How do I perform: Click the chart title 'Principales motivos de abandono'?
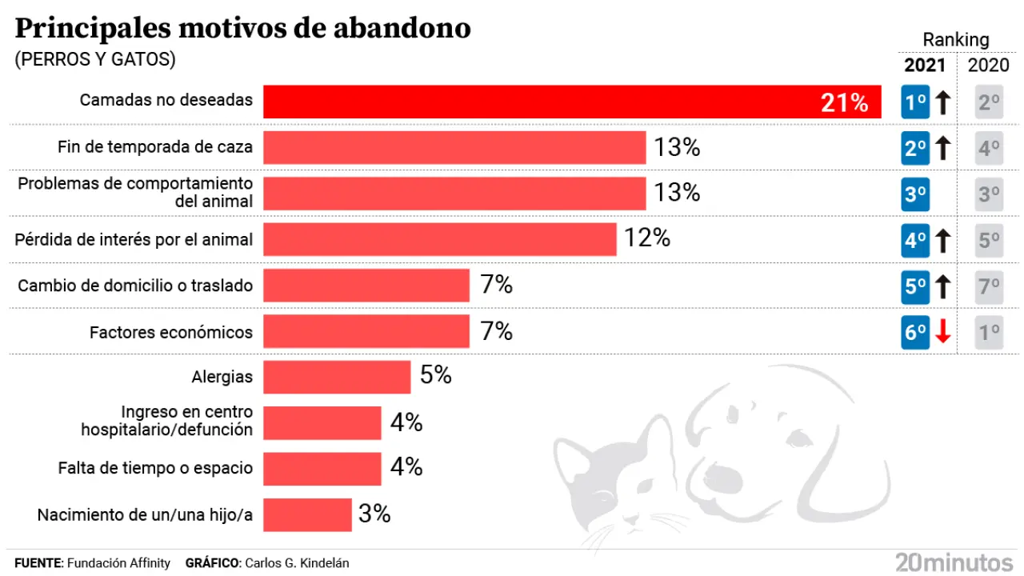[x=242, y=29]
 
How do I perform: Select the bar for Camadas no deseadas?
[x=572, y=102]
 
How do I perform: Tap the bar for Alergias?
[x=337, y=377]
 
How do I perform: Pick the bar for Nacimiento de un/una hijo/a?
[x=307, y=514]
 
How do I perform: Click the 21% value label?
[x=844, y=102]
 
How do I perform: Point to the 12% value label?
[x=647, y=238]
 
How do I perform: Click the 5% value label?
[x=436, y=375]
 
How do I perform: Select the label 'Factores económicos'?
[x=170, y=332]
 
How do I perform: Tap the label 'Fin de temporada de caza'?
[x=155, y=147]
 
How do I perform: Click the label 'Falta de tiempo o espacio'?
[x=155, y=468]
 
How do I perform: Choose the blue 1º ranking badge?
[x=915, y=102]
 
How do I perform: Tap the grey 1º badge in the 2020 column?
[x=989, y=332]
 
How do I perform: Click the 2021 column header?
[x=925, y=66]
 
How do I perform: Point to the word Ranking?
[x=956, y=39]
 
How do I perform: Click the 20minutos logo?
[x=954, y=562]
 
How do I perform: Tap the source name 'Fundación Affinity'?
[x=118, y=563]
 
